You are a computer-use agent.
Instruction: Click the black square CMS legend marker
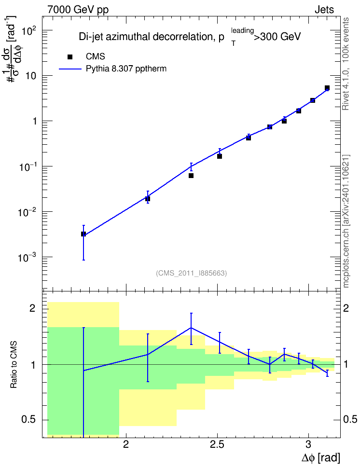(x=70, y=57)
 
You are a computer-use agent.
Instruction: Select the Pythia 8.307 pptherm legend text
(x=126, y=69)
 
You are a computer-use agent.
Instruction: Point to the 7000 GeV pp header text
(x=78, y=10)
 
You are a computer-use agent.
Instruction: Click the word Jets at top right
(x=324, y=10)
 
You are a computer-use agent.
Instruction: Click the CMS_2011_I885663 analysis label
(x=192, y=273)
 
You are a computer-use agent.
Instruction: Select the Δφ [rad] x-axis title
(x=320, y=457)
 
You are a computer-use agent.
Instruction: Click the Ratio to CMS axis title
(x=14, y=365)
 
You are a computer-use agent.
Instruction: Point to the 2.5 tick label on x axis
(x=217, y=444)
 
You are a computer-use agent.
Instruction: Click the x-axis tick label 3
(x=308, y=444)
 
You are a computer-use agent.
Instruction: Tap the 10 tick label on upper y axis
(x=30, y=76)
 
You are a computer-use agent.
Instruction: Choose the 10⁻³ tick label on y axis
(x=28, y=257)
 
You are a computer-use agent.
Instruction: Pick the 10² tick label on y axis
(x=29, y=30)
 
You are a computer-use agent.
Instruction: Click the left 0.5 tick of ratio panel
(x=29, y=420)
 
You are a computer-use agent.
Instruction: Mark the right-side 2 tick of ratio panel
(x=346, y=308)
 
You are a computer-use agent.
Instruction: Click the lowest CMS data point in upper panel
(x=83, y=234)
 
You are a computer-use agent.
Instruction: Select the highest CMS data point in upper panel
(x=327, y=88)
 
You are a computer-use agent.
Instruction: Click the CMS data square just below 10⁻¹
(x=191, y=176)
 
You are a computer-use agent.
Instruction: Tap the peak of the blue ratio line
(x=191, y=328)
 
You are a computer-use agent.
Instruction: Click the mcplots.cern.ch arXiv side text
(x=346, y=221)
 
